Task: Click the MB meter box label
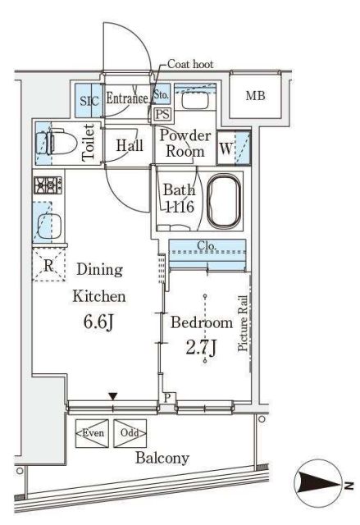click(x=255, y=96)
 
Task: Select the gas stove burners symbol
click(x=48, y=185)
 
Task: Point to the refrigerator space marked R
click(x=49, y=265)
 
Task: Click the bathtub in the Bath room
click(x=224, y=201)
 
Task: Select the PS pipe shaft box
click(x=162, y=115)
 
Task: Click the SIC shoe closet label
click(x=89, y=100)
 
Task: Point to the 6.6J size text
click(x=98, y=322)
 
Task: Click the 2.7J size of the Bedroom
click(x=201, y=347)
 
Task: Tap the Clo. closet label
click(x=207, y=245)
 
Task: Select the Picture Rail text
click(x=243, y=323)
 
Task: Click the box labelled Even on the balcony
click(x=93, y=433)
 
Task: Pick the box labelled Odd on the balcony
click(x=130, y=433)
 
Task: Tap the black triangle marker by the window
click(x=113, y=396)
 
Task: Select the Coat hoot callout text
click(x=190, y=64)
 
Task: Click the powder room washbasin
click(x=195, y=100)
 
